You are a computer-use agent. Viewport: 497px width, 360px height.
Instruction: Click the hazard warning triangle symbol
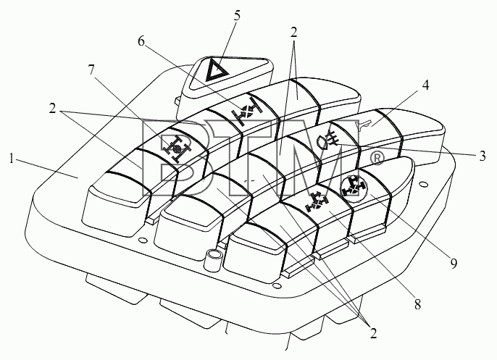point(217,70)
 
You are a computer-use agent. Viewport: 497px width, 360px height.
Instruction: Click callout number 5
point(237,15)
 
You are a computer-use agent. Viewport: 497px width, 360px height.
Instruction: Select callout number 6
point(141,41)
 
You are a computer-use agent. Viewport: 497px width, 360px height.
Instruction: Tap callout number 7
point(91,70)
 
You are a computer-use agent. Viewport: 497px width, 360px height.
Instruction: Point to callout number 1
point(12,159)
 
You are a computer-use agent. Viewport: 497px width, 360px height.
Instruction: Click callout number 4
point(425,85)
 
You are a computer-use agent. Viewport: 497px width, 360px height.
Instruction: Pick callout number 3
point(482,156)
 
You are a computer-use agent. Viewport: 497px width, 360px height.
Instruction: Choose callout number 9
point(454,263)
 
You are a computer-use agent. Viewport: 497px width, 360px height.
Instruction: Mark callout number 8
point(417,305)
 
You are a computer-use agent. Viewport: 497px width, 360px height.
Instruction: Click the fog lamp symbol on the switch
point(328,140)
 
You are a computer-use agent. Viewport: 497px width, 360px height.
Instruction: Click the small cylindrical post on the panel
point(213,260)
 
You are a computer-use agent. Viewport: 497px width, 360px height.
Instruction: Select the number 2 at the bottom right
point(373,333)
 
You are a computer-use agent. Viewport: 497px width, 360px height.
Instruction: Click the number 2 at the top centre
point(294,32)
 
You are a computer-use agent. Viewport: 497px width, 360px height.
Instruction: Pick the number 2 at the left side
point(53,109)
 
